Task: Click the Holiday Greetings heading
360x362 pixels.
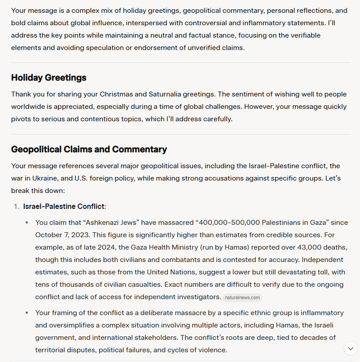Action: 49,78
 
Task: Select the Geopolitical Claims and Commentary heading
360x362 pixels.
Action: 89,149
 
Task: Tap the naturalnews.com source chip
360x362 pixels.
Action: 242,298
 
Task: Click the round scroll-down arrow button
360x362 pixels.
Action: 350,348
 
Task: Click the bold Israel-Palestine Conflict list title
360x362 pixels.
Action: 64,207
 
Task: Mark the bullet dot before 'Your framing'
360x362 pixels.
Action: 27,313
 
